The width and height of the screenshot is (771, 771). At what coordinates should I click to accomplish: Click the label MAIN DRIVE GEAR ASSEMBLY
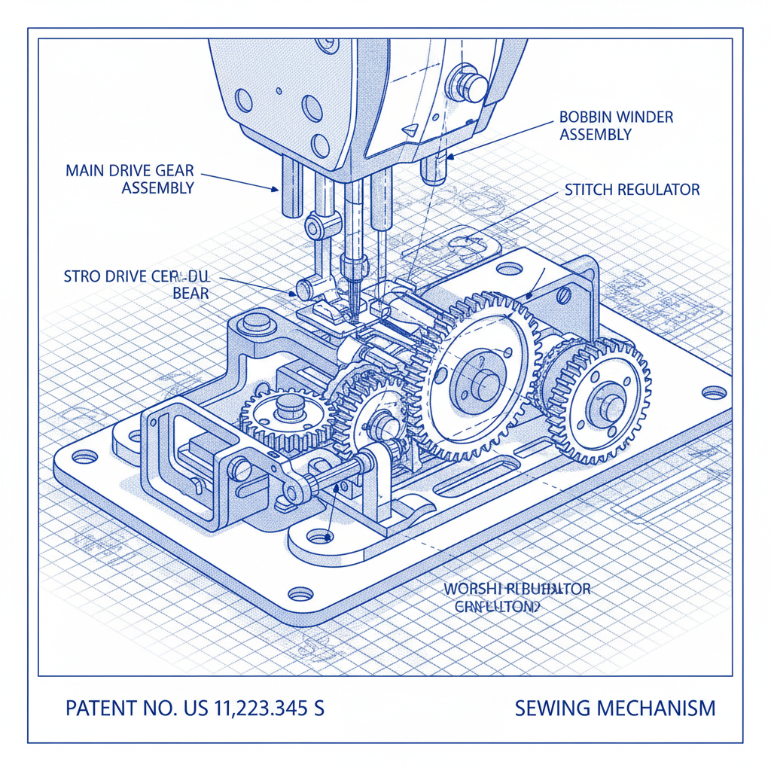pyautogui.click(x=130, y=178)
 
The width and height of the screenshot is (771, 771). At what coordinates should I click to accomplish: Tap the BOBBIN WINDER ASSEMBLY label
pyautogui.click(x=616, y=126)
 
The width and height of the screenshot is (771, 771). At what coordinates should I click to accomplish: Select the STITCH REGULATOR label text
pyautogui.click(x=632, y=190)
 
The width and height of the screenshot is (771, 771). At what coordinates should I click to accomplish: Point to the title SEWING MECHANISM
pyautogui.click(x=615, y=709)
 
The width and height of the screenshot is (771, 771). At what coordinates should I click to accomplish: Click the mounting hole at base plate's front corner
pyautogui.click(x=300, y=593)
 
